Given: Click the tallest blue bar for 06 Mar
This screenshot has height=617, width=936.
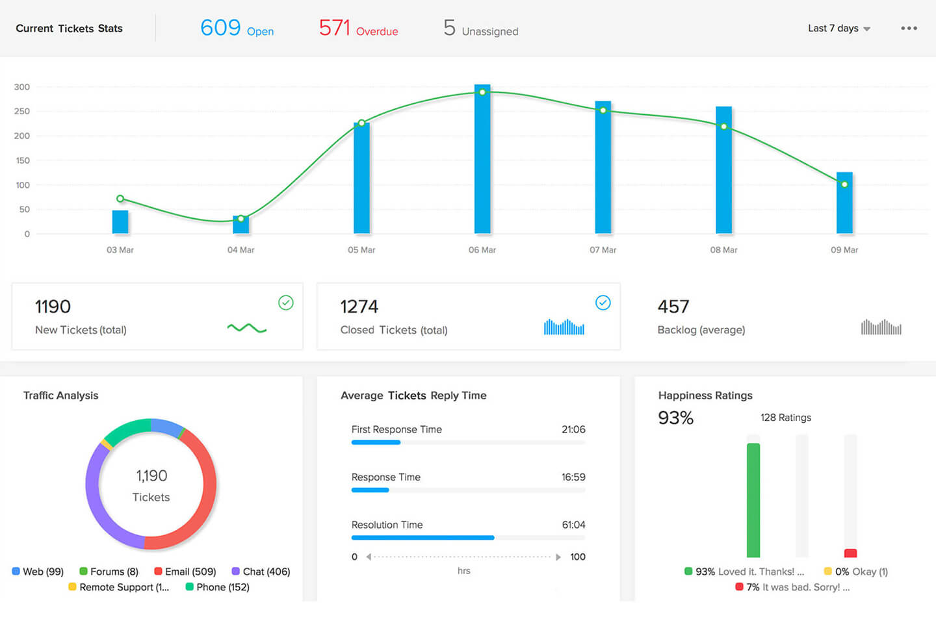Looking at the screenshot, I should [x=482, y=159].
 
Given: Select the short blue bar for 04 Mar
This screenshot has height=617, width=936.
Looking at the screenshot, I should [x=240, y=225].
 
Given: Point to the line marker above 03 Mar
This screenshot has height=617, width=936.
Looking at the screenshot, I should [x=120, y=199].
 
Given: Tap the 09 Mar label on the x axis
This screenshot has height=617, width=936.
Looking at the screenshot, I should [x=844, y=250].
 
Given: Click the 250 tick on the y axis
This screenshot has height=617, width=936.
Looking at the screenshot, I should [x=22, y=111].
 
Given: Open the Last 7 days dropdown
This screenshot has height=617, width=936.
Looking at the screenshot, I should [x=838, y=29].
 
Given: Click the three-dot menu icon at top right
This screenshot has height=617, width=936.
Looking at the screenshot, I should [x=909, y=29].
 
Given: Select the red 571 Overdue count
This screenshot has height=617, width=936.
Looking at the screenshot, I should [x=358, y=29].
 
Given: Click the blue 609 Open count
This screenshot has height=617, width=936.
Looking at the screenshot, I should [x=237, y=29].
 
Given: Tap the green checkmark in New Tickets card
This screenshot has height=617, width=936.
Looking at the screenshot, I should [x=286, y=303].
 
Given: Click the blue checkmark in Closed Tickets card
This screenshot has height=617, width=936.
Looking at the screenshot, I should [x=603, y=303].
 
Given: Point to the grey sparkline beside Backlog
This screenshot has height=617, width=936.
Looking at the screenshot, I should [x=881, y=327].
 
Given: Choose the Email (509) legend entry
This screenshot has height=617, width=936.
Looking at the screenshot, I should [x=185, y=572].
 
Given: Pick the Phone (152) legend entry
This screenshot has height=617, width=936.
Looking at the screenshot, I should [x=218, y=587].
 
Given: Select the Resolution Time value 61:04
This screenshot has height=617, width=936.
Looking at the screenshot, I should [x=573, y=525].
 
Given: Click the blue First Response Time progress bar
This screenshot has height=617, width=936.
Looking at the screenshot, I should [x=376, y=442].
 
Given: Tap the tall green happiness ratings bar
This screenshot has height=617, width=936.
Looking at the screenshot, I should [x=753, y=500].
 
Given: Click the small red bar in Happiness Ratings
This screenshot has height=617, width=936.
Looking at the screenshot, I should [x=850, y=553].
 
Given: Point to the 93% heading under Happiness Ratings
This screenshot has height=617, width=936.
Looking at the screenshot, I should [x=676, y=418].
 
